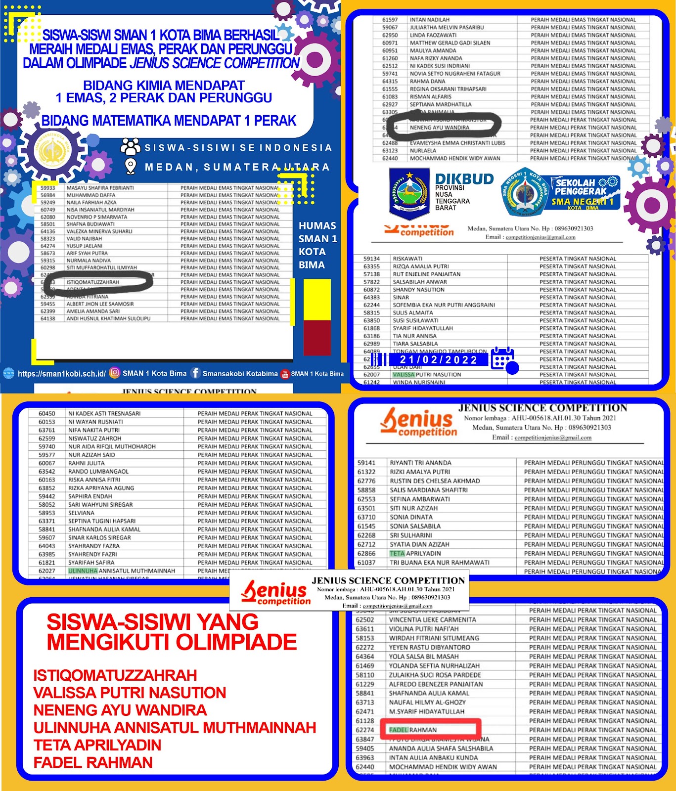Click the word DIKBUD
coord(464,179)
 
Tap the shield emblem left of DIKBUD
coord(409,193)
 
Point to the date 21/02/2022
coord(439,360)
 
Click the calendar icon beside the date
coord(503,359)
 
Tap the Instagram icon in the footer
coord(114,373)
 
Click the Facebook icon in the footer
coord(195,373)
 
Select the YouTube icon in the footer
coord(285,374)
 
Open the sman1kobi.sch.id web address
coord(61,374)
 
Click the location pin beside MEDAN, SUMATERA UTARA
coord(131,167)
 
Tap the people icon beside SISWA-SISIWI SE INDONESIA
coord(131,147)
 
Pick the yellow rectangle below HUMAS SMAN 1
coord(317,300)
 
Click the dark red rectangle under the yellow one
coord(317,338)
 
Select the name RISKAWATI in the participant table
coord(407,259)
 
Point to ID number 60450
coord(47,413)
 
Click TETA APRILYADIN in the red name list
coord(97,745)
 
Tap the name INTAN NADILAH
coord(429,20)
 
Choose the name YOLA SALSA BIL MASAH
coord(424,657)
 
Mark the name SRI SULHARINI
coord(410,535)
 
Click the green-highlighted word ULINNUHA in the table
coord(83,571)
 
